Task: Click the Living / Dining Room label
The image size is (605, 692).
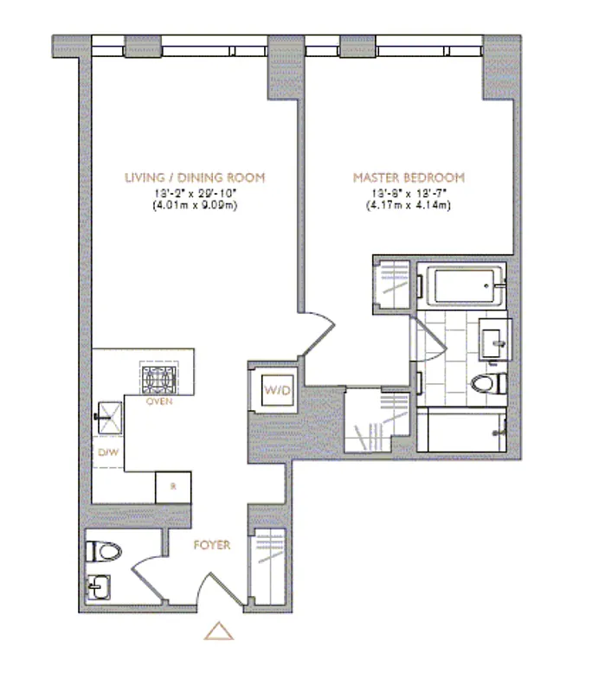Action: pyautogui.click(x=194, y=177)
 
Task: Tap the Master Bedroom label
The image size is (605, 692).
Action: pyautogui.click(x=409, y=177)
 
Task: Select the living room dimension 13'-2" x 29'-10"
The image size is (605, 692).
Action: pyautogui.click(x=194, y=192)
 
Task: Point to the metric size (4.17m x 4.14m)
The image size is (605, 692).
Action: pyautogui.click(x=409, y=205)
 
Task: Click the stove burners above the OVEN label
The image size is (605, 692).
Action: pyautogui.click(x=159, y=378)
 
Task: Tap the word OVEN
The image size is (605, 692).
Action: pyautogui.click(x=158, y=402)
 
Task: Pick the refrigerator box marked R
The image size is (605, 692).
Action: pyautogui.click(x=172, y=486)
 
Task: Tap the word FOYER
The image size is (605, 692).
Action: pyautogui.click(x=212, y=545)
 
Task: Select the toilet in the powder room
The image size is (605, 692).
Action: pyautogui.click(x=104, y=550)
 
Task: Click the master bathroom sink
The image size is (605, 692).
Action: pyautogui.click(x=497, y=337)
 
